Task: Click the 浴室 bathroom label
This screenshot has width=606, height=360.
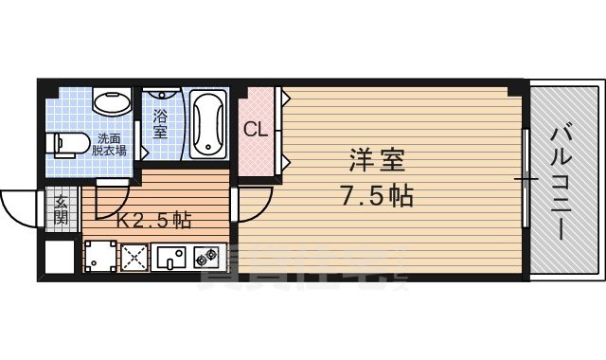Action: point(161,124)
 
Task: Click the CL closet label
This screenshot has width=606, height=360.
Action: point(256,130)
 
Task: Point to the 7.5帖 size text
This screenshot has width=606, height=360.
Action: point(375,196)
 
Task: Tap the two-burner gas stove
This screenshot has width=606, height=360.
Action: point(207,256)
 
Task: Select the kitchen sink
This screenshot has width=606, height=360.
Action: point(171,256)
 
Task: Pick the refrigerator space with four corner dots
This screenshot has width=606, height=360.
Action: point(99,256)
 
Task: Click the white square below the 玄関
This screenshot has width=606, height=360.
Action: point(59,255)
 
